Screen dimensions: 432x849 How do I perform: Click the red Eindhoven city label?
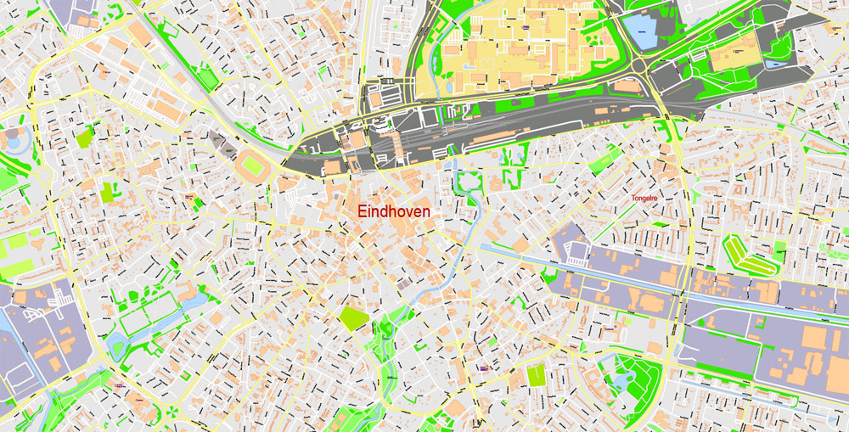point(394,211)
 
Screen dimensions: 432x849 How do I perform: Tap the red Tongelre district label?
point(645,199)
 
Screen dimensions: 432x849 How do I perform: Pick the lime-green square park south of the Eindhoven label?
point(353,318)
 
